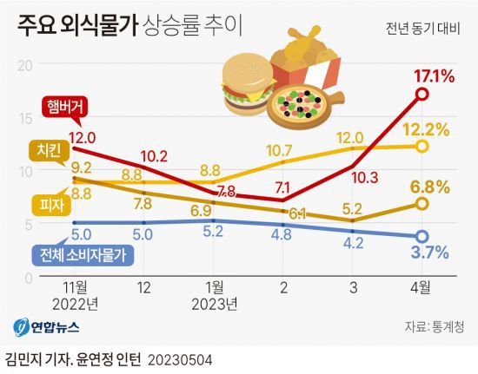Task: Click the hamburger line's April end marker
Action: (422, 94)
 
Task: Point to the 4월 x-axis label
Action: (422, 287)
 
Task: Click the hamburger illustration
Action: (246, 82)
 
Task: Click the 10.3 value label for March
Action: (362, 179)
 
